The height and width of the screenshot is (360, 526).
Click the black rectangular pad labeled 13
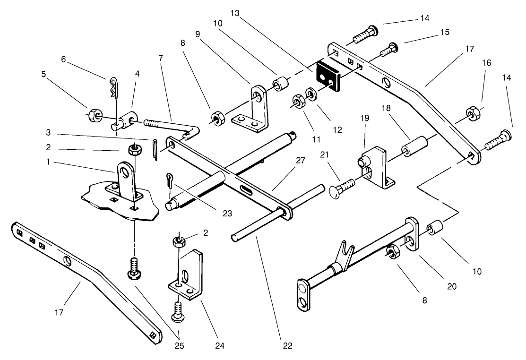(330, 77)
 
